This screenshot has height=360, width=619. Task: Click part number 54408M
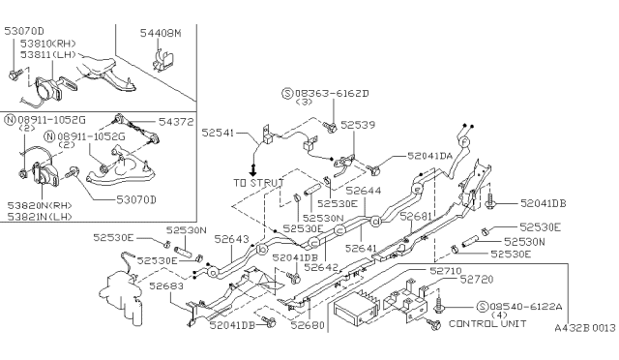(161, 33)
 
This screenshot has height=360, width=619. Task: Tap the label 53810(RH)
(48, 44)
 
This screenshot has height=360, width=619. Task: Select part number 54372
(176, 122)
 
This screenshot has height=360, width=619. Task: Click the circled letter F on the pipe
(464, 141)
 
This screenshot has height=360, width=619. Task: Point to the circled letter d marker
(375, 222)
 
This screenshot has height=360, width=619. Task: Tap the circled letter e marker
(417, 190)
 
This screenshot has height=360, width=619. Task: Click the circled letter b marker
(262, 250)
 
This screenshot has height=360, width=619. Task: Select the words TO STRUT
(258, 183)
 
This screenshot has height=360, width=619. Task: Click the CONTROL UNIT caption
(487, 323)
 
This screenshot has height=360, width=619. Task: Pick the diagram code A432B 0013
(585, 328)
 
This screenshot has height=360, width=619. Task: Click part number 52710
(446, 271)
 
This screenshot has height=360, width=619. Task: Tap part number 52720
(477, 280)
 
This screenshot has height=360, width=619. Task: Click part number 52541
(218, 133)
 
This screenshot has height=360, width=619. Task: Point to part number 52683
(166, 285)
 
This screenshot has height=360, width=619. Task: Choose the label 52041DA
(429, 156)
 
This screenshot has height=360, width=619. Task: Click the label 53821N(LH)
(40, 216)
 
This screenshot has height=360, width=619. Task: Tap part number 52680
(308, 325)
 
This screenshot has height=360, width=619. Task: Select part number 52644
(364, 191)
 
